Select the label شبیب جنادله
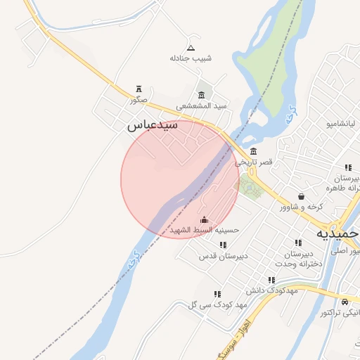click(194, 58)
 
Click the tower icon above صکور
click(139, 89)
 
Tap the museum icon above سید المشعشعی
click(202, 95)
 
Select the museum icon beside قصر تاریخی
click(253, 152)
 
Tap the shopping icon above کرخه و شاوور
click(302, 196)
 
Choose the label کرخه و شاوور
click(301, 207)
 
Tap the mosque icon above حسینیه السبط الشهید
click(204, 219)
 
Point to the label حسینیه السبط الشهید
click(204, 230)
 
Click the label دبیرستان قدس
click(224, 255)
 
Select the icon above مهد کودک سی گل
click(217, 294)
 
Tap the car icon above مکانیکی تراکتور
click(345, 302)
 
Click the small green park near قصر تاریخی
click(248, 187)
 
